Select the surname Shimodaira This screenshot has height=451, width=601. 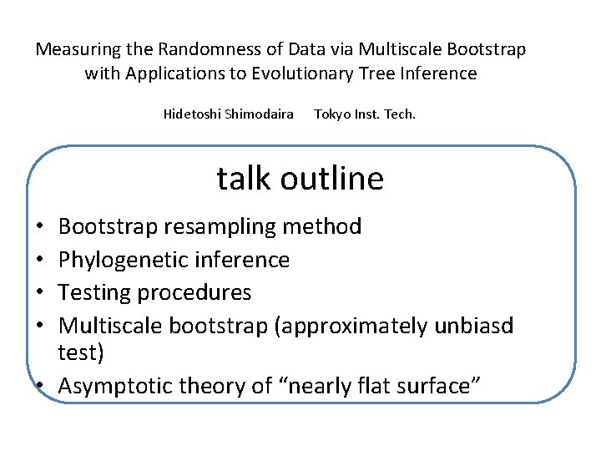pos(260,114)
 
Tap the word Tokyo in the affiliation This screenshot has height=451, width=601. pos(331,114)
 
